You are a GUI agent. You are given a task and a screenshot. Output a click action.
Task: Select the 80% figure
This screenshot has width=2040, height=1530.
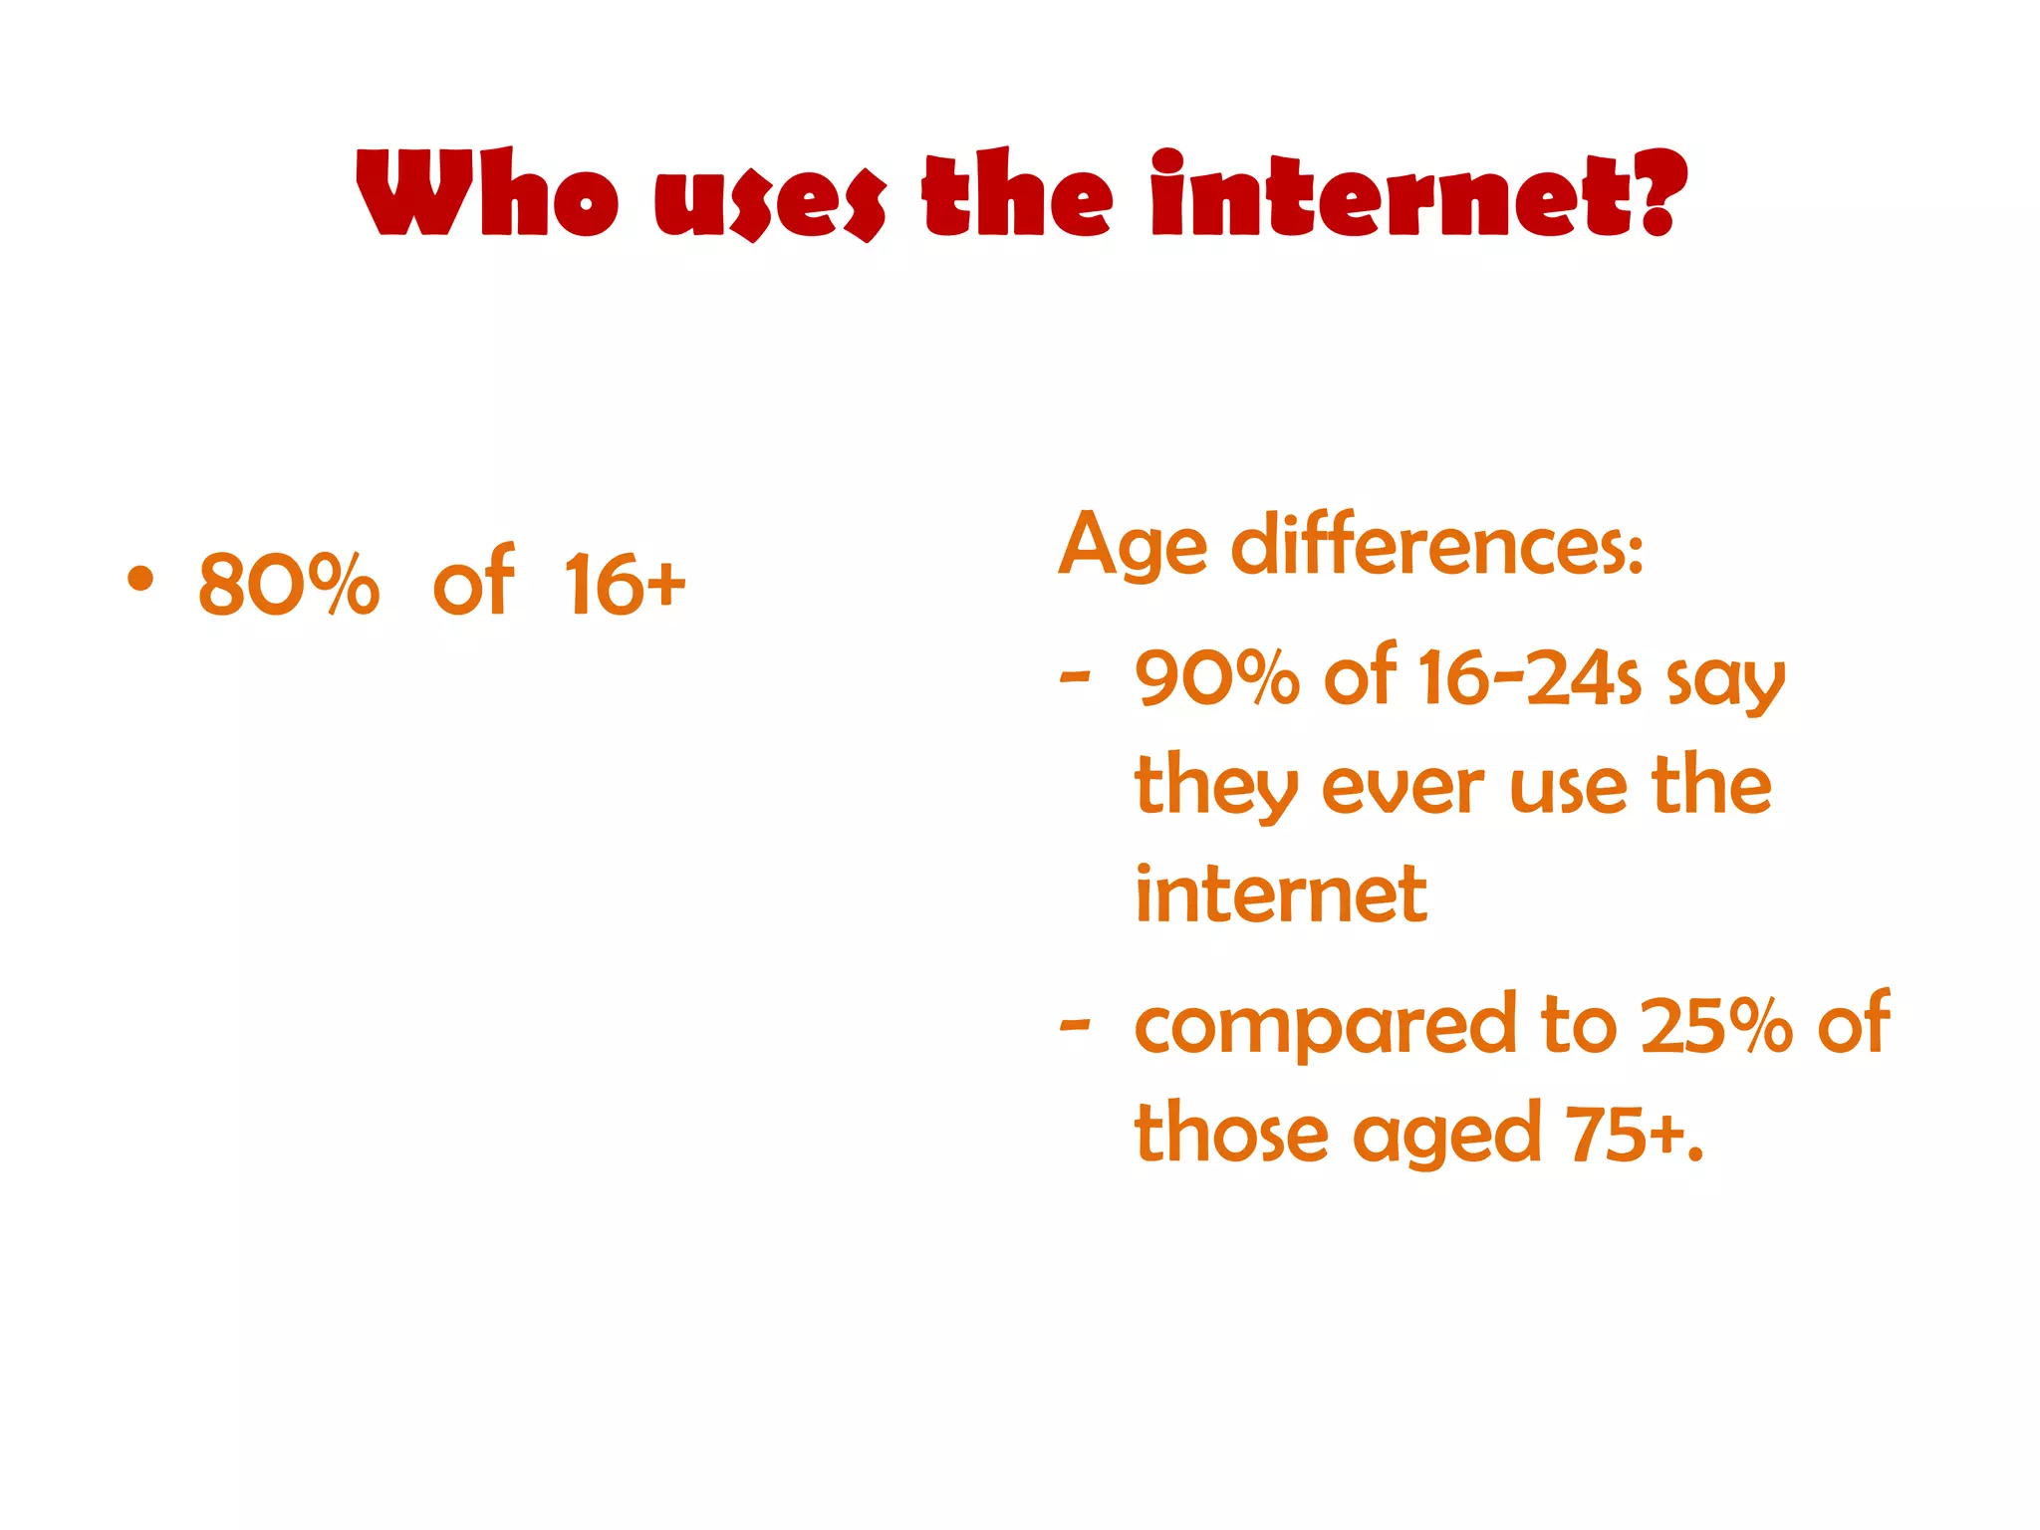pos(289,585)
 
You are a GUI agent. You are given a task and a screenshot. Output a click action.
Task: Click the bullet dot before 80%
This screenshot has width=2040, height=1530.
pos(140,579)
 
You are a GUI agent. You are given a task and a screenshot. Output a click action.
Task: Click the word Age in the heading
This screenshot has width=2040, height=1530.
pos(1132,546)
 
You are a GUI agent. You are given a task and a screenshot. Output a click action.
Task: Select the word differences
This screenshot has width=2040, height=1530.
pos(1436,546)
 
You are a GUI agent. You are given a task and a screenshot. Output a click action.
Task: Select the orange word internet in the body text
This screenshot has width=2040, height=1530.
pos(1281,894)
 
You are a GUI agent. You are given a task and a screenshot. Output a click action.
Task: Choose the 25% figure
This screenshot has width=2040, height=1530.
pos(1715,1025)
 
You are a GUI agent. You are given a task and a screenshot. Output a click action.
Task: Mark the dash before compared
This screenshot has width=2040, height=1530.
pos(1075,1025)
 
